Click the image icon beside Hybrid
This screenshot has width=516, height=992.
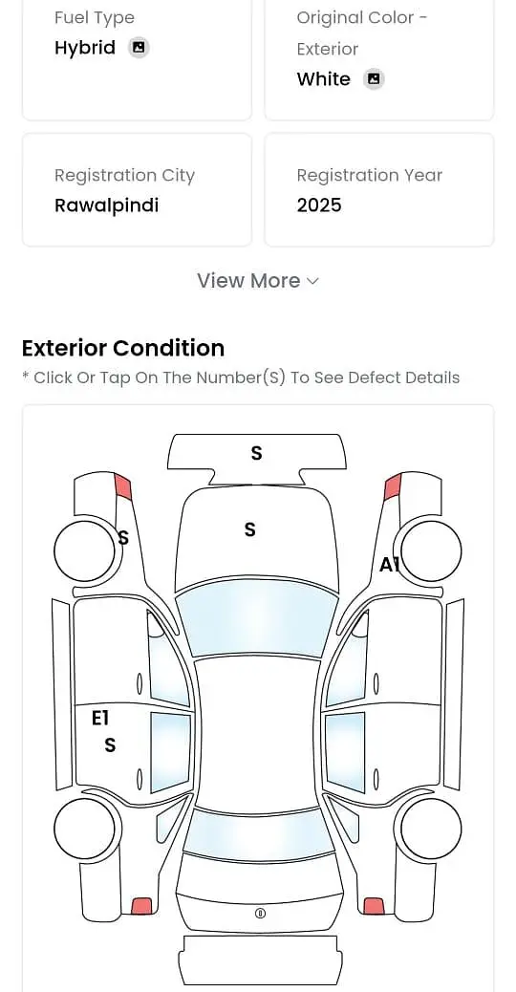point(139,48)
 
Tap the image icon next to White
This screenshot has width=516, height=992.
point(374,79)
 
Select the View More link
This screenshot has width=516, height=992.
point(257,280)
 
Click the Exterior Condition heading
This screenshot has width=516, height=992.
point(123,348)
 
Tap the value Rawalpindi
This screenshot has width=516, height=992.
point(106,205)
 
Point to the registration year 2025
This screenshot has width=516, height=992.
point(319,205)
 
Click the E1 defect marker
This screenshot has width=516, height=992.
point(100,718)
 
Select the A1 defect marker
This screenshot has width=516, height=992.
point(389,564)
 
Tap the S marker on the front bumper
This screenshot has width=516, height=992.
point(256,453)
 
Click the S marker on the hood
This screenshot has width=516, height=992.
point(249,528)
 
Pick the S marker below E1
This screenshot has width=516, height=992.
point(110,745)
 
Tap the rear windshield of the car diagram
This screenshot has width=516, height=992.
point(258,835)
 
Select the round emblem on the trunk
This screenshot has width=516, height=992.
point(260,913)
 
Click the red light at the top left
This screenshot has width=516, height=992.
point(122,486)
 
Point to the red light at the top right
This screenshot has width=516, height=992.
point(393,486)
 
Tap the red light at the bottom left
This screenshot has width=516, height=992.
point(141,906)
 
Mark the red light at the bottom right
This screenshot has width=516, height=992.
point(375,906)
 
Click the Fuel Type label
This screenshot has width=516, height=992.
point(95,18)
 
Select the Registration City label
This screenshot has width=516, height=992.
point(124,175)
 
